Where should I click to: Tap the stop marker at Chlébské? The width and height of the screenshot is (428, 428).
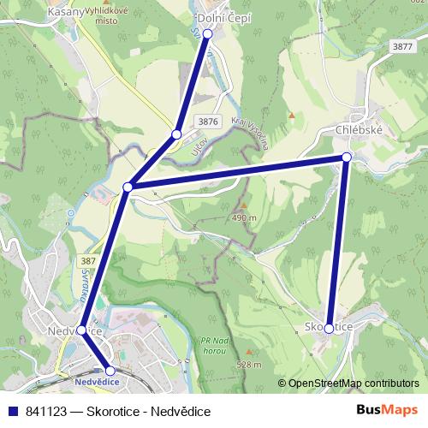(x=347, y=157)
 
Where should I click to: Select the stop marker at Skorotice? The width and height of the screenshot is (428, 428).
(x=329, y=328)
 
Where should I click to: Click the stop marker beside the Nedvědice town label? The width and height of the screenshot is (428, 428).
(x=81, y=330)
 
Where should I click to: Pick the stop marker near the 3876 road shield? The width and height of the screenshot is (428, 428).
(x=176, y=134)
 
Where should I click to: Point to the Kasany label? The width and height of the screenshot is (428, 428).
(x=66, y=12)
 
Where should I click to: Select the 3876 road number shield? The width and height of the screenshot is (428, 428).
(x=206, y=122)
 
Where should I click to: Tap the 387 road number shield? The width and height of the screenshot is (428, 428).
(x=87, y=260)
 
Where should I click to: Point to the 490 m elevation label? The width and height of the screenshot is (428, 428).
(x=245, y=218)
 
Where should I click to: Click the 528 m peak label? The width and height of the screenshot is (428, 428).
(x=249, y=365)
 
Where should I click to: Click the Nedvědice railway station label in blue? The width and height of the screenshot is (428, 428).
(x=96, y=382)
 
